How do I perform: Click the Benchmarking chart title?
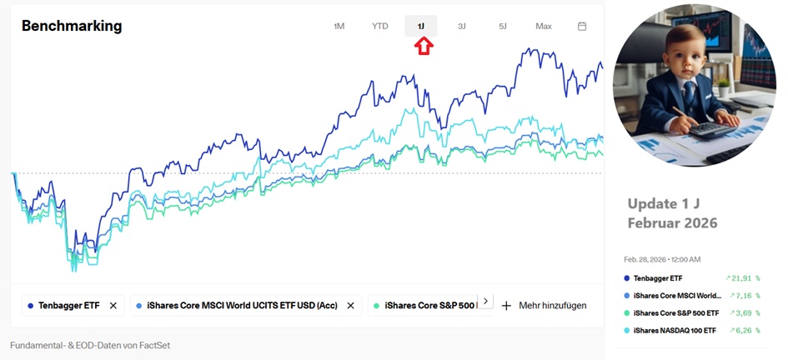click(72, 26)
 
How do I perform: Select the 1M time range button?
click(339, 27)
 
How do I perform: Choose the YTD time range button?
click(379, 27)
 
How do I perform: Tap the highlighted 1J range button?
click(421, 27)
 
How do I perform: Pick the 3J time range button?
click(462, 27)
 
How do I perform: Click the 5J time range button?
click(503, 27)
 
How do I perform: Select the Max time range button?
click(544, 27)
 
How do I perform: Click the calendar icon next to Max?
click(582, 27)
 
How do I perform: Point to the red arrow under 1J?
click(424, 47)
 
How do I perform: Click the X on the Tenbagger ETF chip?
click(113, 306)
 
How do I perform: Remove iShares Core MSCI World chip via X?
click(350, 306)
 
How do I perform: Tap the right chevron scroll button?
click(486, 302)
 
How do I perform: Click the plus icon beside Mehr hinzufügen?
click(506, 306)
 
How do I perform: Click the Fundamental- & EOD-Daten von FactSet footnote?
click(90, 345)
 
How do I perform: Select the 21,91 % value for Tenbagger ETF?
click(742, 278)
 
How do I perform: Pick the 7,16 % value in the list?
click(745, 296)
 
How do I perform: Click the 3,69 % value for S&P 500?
click(745, 313)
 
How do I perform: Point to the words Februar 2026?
click(672, 223)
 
